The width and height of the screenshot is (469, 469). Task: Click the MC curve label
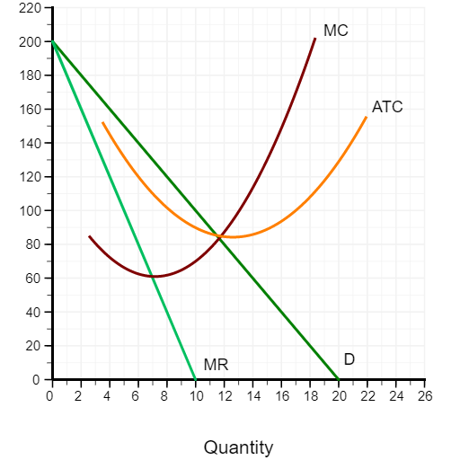335,31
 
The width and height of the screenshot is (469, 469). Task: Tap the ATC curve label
387,107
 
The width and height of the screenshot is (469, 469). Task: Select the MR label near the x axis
216,365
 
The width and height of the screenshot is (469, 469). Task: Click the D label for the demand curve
349,358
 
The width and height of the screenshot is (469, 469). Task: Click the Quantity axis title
238,447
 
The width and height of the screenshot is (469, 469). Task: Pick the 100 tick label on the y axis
30,211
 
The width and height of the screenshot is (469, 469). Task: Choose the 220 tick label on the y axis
30,8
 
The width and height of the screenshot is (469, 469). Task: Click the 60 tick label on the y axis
32,279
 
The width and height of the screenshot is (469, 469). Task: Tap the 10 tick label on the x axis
195,396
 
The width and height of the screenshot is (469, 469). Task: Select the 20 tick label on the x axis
339,396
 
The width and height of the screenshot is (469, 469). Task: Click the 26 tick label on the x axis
425,396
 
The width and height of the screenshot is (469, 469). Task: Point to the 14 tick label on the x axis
252,396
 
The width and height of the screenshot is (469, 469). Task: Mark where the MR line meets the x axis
195,380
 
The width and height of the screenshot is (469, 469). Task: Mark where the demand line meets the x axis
339,380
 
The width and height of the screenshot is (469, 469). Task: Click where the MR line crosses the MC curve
154,276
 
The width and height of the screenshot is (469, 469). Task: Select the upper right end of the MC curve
315,39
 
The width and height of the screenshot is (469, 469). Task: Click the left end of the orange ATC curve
102,123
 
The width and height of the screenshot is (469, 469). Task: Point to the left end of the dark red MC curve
89,236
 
